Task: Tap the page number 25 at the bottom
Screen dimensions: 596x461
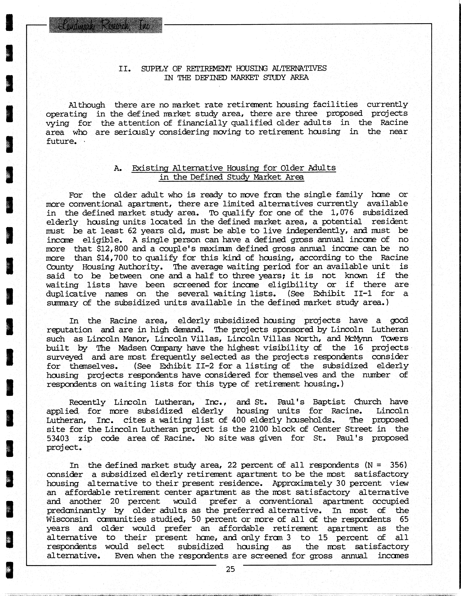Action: (x=230, y=569)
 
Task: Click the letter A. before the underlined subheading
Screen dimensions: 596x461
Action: (x=118, y=168)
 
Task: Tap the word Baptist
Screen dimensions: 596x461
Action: (x=329, y=402)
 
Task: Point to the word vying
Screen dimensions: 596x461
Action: (x=58, y=123)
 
